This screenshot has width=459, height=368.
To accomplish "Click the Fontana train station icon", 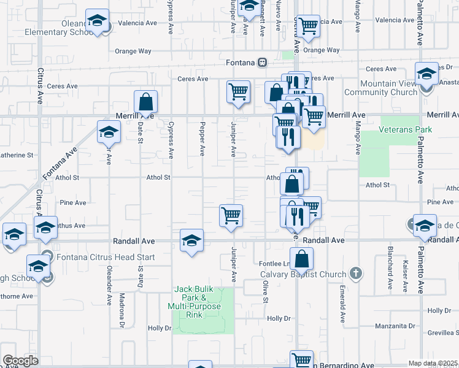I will click(262, 62).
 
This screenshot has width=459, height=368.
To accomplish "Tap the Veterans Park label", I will click(406, 129).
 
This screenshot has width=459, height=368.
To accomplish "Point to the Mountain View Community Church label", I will click(381, 88).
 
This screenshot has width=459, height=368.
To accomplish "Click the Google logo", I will click(20, 361).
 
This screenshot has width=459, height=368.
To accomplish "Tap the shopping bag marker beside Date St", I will click(146, 101).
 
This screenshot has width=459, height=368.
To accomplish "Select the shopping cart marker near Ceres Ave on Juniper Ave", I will click(238, 92).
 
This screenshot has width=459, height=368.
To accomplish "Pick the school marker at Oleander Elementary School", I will click(97, 21).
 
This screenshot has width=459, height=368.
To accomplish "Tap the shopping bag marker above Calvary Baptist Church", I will click(301, 258).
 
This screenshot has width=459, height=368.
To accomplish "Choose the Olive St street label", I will click(266, 292).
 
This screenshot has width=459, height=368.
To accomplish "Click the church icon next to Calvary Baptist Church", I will click(355, 273).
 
